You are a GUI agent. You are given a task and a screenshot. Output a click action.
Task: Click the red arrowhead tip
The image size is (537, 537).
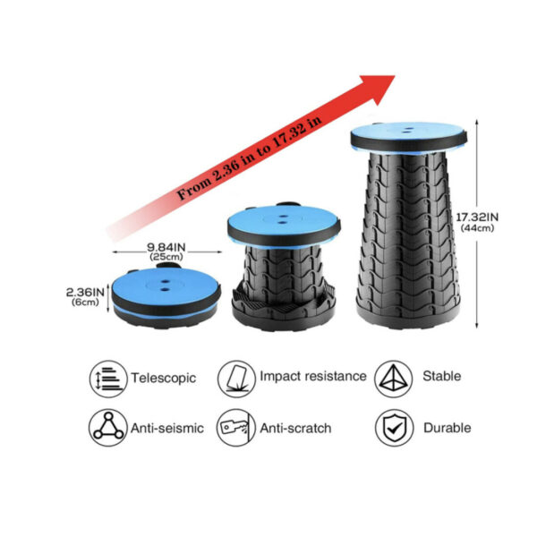pos(395,76)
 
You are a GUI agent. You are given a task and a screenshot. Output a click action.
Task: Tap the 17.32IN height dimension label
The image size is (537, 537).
pos(477,217)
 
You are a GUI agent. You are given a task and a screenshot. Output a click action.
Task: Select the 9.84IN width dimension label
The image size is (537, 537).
pos(166,247)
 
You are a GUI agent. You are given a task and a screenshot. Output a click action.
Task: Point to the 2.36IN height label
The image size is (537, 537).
pos(85,293)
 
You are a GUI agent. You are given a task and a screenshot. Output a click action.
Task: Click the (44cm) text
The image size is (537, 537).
pos(477,228)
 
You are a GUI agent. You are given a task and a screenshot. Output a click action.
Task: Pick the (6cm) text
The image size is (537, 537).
pos(85,303)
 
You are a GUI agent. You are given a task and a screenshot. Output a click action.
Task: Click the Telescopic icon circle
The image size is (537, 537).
pos(108,379)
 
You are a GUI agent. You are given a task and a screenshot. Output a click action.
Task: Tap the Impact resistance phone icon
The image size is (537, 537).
pos(236,379)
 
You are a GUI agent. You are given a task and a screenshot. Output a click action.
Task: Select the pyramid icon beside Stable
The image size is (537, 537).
pos(394,379)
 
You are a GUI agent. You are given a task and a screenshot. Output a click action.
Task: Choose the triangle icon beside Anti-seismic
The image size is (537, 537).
pos(108,427)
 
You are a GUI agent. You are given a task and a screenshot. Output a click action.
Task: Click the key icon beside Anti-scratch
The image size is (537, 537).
pos(236,427)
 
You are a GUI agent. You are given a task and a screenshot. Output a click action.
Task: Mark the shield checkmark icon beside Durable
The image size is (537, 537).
pos(394,428)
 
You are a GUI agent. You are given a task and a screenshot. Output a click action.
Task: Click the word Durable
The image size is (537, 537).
pos(447,428)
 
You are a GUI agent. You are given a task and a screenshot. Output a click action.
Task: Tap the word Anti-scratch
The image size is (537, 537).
pos(295,428)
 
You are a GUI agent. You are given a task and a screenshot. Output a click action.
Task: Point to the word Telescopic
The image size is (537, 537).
pos(164,378)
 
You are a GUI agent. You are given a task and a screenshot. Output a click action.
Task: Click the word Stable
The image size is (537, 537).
pos(442,377)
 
